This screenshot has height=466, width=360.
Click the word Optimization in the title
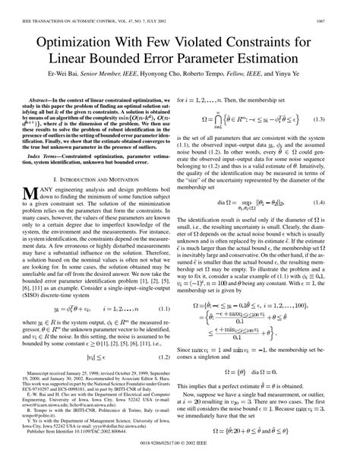pos(96,38)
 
